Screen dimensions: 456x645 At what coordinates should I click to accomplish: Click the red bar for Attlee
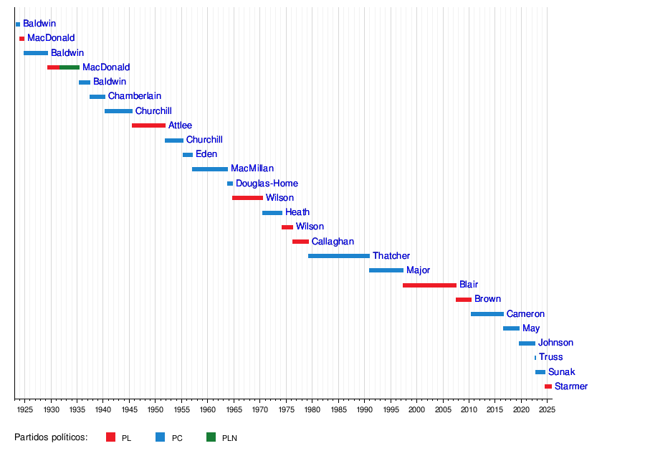pyautogui.click(x=148, y=125)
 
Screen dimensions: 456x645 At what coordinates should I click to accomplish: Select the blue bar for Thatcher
pyautogui.click(x=339, y=256)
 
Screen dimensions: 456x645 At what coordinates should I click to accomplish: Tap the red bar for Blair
pyautogui.click(x=429, y=285)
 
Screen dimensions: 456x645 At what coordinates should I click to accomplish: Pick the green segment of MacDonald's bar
pyautogui.click(x=70, y=67)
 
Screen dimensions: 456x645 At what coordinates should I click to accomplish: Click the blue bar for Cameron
pyautogui.click(x=487, y=314)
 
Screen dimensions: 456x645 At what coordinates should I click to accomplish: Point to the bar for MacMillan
pyautogui.click(x=210, y=169)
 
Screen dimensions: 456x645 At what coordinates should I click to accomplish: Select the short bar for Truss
pyautogui.click(x=535, y=357)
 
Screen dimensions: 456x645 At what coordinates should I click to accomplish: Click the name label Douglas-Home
pyautogui.click(x=267, y=184)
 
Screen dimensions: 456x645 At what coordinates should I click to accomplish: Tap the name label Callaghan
pyautogui.click(x=333, y=242)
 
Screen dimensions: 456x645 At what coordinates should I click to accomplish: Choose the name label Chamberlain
pyautogui.click(x=135, y=96)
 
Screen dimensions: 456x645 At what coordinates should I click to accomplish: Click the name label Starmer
pyautogui.click(x=571, y=386)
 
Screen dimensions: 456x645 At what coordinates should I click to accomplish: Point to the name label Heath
pyautogui.click(x=297, y=212)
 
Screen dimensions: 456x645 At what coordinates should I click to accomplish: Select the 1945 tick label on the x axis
pyautogui.click(x=129, y=409)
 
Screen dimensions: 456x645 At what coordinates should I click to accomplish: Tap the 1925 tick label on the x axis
pyautogui.click(x=24, y=409)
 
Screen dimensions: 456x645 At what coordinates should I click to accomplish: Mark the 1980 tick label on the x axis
pyautogui.click(x=312, y=409)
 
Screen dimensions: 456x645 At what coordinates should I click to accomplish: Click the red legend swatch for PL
pyautogui.click(x=110, y=437)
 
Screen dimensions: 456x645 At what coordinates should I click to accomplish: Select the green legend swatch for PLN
pyautogui.click(x=211, y=437)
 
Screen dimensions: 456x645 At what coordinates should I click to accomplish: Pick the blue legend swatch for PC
pyautogui.click(x=161, y=437)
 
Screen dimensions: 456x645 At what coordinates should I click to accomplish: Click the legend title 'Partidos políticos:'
pyautogui.click(x=51, y=437)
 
